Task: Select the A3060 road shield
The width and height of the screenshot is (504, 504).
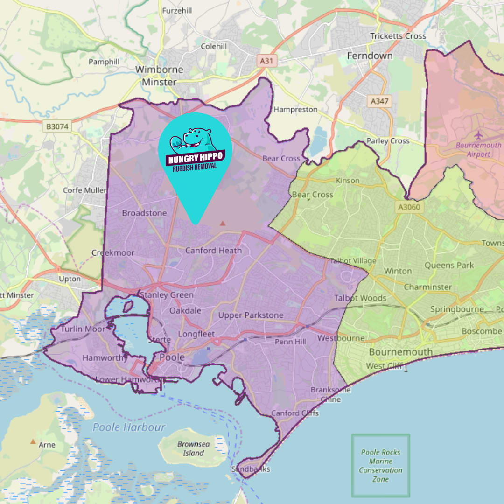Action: coord(409,208)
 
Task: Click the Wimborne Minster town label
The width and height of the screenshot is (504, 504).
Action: coord(159,76)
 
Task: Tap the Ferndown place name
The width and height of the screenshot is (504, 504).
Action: coord(370,56)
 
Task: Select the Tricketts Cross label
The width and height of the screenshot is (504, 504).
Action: coord(398,36)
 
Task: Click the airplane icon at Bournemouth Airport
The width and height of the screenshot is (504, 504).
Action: coord(479,135)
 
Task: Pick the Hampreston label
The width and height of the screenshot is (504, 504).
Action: coord(296,110)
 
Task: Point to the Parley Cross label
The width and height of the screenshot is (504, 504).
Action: coord(388,140)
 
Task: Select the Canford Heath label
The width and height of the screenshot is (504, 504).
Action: coord(214,251)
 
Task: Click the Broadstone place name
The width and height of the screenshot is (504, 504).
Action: coord(144,213)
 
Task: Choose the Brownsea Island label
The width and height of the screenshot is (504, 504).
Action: coord(190,448)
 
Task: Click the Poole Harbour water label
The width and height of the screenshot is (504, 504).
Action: coord(129,427)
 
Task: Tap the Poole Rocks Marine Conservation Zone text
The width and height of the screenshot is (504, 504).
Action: coord(381,466)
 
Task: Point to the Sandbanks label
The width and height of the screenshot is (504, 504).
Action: coord(251,469)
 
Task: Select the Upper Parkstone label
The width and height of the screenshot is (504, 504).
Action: coord(251,315)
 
